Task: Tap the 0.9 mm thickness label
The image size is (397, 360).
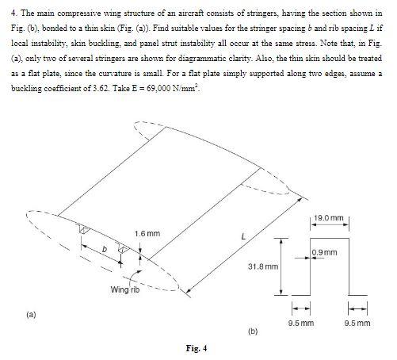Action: [x=326, y=252]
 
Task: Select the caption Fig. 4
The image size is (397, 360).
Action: [x=197, y=347]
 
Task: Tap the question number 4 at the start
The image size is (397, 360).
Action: [x=12, y=13]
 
